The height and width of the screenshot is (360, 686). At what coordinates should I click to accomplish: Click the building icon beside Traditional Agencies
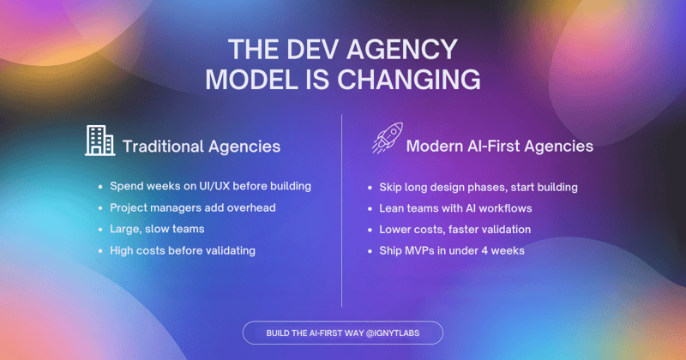[100, 141]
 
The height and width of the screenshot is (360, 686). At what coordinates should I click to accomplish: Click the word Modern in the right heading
[435, 147]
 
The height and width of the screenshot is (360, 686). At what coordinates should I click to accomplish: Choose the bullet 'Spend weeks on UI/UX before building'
[209, 186]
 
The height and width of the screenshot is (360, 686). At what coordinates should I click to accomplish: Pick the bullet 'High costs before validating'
[183, 250]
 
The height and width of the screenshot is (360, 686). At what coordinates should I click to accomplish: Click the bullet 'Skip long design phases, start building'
[478, 187]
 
